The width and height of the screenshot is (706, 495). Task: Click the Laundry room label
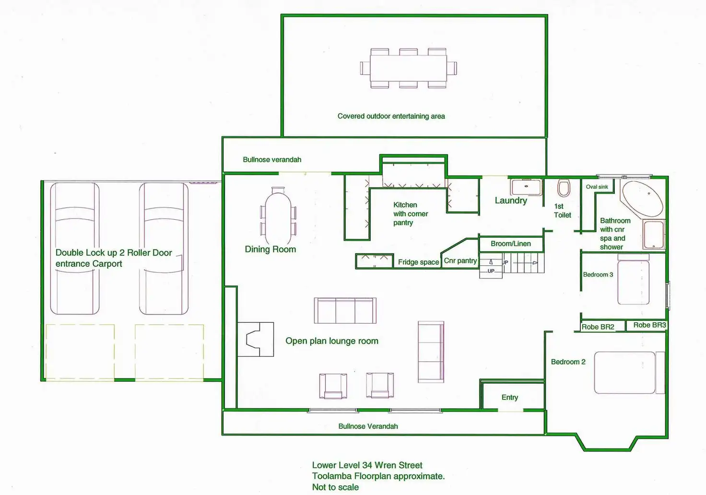(511, 200)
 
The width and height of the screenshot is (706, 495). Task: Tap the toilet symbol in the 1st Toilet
(564, 188)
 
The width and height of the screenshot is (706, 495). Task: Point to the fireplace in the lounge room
(255, 339)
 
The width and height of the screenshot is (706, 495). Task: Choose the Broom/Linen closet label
(511, 244)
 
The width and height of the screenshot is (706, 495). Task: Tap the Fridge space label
(418, 262)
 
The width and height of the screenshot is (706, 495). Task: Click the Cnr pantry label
(460, 261)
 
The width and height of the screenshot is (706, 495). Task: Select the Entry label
(510, 398)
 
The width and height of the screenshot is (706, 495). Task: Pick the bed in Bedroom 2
(629, 373)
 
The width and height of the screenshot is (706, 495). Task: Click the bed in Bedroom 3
(633, 279)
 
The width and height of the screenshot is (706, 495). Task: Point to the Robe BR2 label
(598, 327)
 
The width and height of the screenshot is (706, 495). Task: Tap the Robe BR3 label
(649, 325)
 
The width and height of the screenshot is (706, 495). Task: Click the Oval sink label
(597, 187)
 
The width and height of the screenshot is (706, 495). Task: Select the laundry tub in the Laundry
(526, 188)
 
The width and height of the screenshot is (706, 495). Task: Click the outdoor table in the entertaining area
(409, 68)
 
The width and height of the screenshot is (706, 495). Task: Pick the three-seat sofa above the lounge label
(345, 310)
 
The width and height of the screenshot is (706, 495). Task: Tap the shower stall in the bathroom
(654, 235)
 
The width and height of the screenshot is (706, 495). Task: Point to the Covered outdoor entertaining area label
(391, 117)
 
